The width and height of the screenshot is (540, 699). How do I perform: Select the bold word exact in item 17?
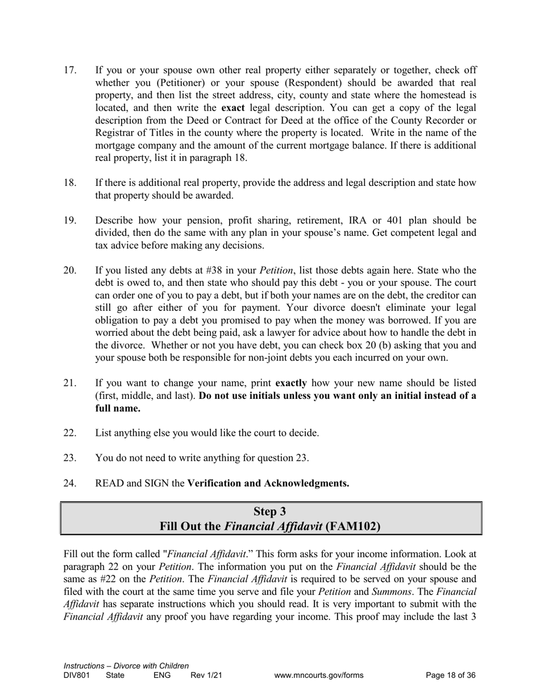pyautogui.click(x=233, y=108)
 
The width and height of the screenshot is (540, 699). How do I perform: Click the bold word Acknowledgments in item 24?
pyautogui.click(x=306, y=483)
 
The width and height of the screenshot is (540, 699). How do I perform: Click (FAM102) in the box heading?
pyautogui.click(x=353, y=526)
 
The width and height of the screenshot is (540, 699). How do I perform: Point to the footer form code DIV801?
pyautogui.click(x=77, y=676)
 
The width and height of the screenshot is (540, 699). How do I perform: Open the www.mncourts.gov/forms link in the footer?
pyautogui.click(x=318, y=676)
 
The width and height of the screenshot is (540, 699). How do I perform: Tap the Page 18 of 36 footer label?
pyautogui.click(x=451, y=676)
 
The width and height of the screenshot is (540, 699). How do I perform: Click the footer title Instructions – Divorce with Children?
pyautogui.click(x=126, y=666)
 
